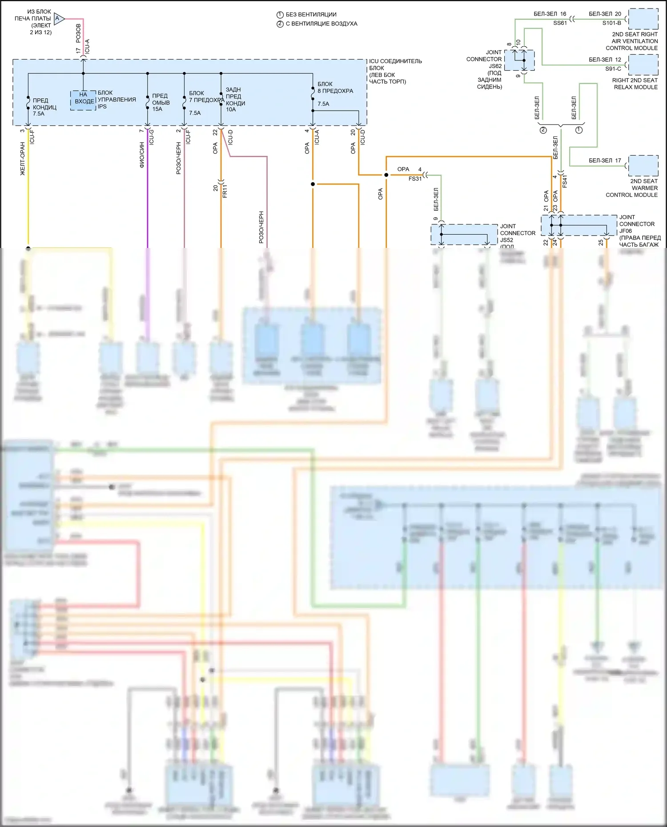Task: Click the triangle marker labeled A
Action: point(59,19)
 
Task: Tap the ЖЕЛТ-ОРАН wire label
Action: point(23,159)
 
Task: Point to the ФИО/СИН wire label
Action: point(142,155)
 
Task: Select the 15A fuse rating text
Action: point(157,109)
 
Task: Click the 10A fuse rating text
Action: point(231,109)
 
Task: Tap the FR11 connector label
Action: point(225,191)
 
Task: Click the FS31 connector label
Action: point(415,179)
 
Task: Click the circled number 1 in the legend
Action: point(280,15)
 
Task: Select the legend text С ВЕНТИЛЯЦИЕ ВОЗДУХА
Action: point(321,24)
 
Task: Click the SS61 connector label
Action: point(560,23)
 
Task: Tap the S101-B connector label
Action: point(611,23)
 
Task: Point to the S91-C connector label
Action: point(613,68)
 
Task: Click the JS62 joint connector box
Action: point(519,60)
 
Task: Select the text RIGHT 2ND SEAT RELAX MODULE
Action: point(635,84)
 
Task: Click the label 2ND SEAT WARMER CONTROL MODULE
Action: point(632,188)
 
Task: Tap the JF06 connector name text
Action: point(625,231)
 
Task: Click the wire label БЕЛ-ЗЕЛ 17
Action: point(605,160)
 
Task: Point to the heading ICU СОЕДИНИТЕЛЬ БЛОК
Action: point(395,64)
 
